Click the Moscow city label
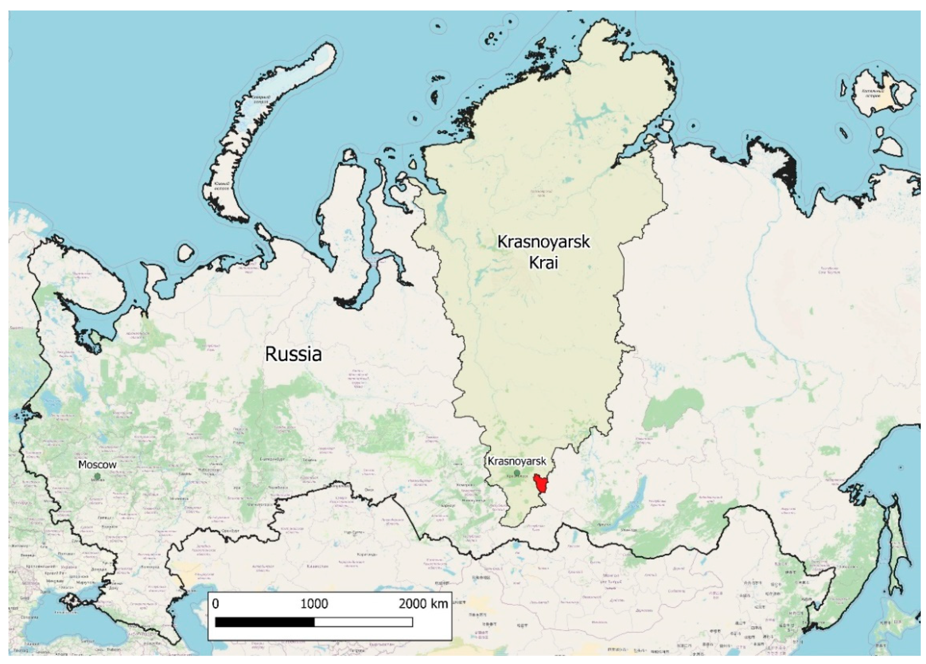(x=97, y=465)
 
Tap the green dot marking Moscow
(x=97, y=476)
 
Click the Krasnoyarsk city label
(x=517, y=461)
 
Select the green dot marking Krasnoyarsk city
(x=517, y=472)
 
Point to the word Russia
(x=293, y=354)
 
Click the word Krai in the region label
(x=543, y=263)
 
